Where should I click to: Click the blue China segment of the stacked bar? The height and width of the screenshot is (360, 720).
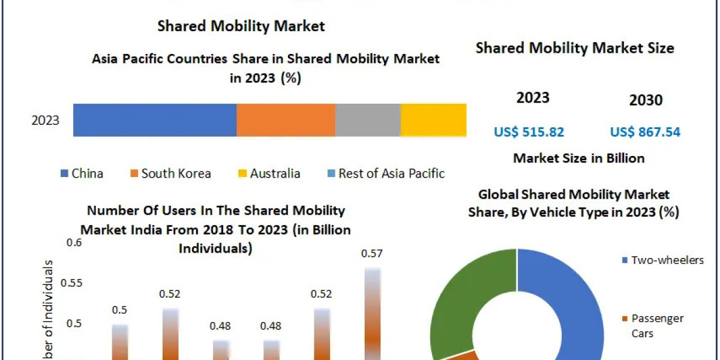tap(155, 119)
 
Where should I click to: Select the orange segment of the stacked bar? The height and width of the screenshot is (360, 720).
tap(286, 119)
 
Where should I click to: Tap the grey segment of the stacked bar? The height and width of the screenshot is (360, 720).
tap(367, 119)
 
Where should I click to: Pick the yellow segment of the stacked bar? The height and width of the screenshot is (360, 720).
tap(433, 119)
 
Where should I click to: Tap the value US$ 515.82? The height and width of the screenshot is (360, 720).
tap(529, 132)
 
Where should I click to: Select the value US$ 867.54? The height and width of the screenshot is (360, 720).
tap(645, 132)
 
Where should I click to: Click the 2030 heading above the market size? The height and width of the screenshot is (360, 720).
tap(646, 100)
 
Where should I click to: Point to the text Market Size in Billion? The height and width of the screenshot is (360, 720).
tap(579, 158)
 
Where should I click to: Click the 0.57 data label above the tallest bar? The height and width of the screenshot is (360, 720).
tap(372, 254)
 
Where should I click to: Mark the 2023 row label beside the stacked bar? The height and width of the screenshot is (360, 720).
tap(46, 120)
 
